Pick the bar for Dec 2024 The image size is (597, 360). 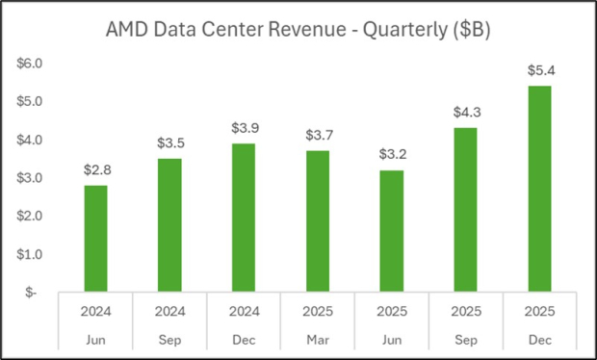pyautogui.click(x=244, y=217)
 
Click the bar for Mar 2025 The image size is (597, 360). pyautogui.click(x=318, y=220)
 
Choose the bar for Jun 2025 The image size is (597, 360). pyautogui.click(x=391, y=230)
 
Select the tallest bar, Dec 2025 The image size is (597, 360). pyautogui.click(x=539, y=188)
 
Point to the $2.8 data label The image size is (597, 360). pyautogui.click(x=95, y=169)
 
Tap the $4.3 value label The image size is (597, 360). pyautogui.click(x=465, y=112)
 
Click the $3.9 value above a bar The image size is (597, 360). pyautogui.click(x=244, y=127)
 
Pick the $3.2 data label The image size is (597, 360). pyautogui.click(x=391, y=154)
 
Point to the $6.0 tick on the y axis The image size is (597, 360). pyautogui.click(x=29, y=64)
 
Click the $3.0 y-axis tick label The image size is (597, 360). pyautogui.click(x=29, y=178)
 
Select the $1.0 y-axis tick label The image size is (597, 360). pyautogui.click(x=29, y=254)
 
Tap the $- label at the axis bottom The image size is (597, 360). pyautogui.click(x=31, y=292)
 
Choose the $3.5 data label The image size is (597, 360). pyautogui.click(x=169, y=142)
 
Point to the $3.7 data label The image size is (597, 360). pyautogui.click(x=318, y=135)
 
